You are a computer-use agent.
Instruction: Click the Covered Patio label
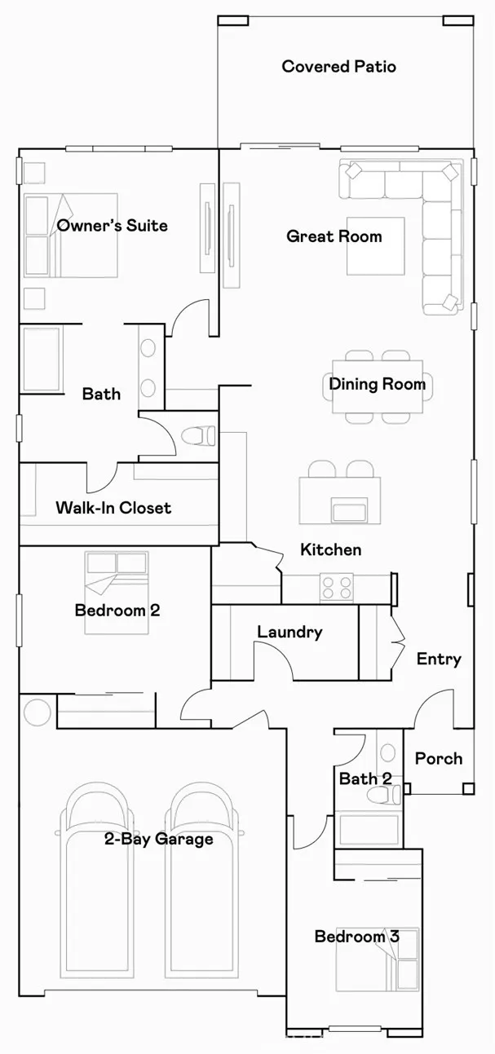[338, 67]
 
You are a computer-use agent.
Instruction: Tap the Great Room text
[334, 236]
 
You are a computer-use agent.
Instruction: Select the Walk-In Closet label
[113, 508]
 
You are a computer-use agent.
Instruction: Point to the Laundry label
[289, 632]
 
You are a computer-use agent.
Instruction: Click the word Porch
[438, 758]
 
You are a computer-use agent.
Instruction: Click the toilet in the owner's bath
[197, 437]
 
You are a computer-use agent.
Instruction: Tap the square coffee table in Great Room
[375, 246]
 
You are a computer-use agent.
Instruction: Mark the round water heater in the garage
[38, 712]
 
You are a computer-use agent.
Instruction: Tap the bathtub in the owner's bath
[41, 359]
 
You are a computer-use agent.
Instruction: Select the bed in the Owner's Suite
[70, 234]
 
